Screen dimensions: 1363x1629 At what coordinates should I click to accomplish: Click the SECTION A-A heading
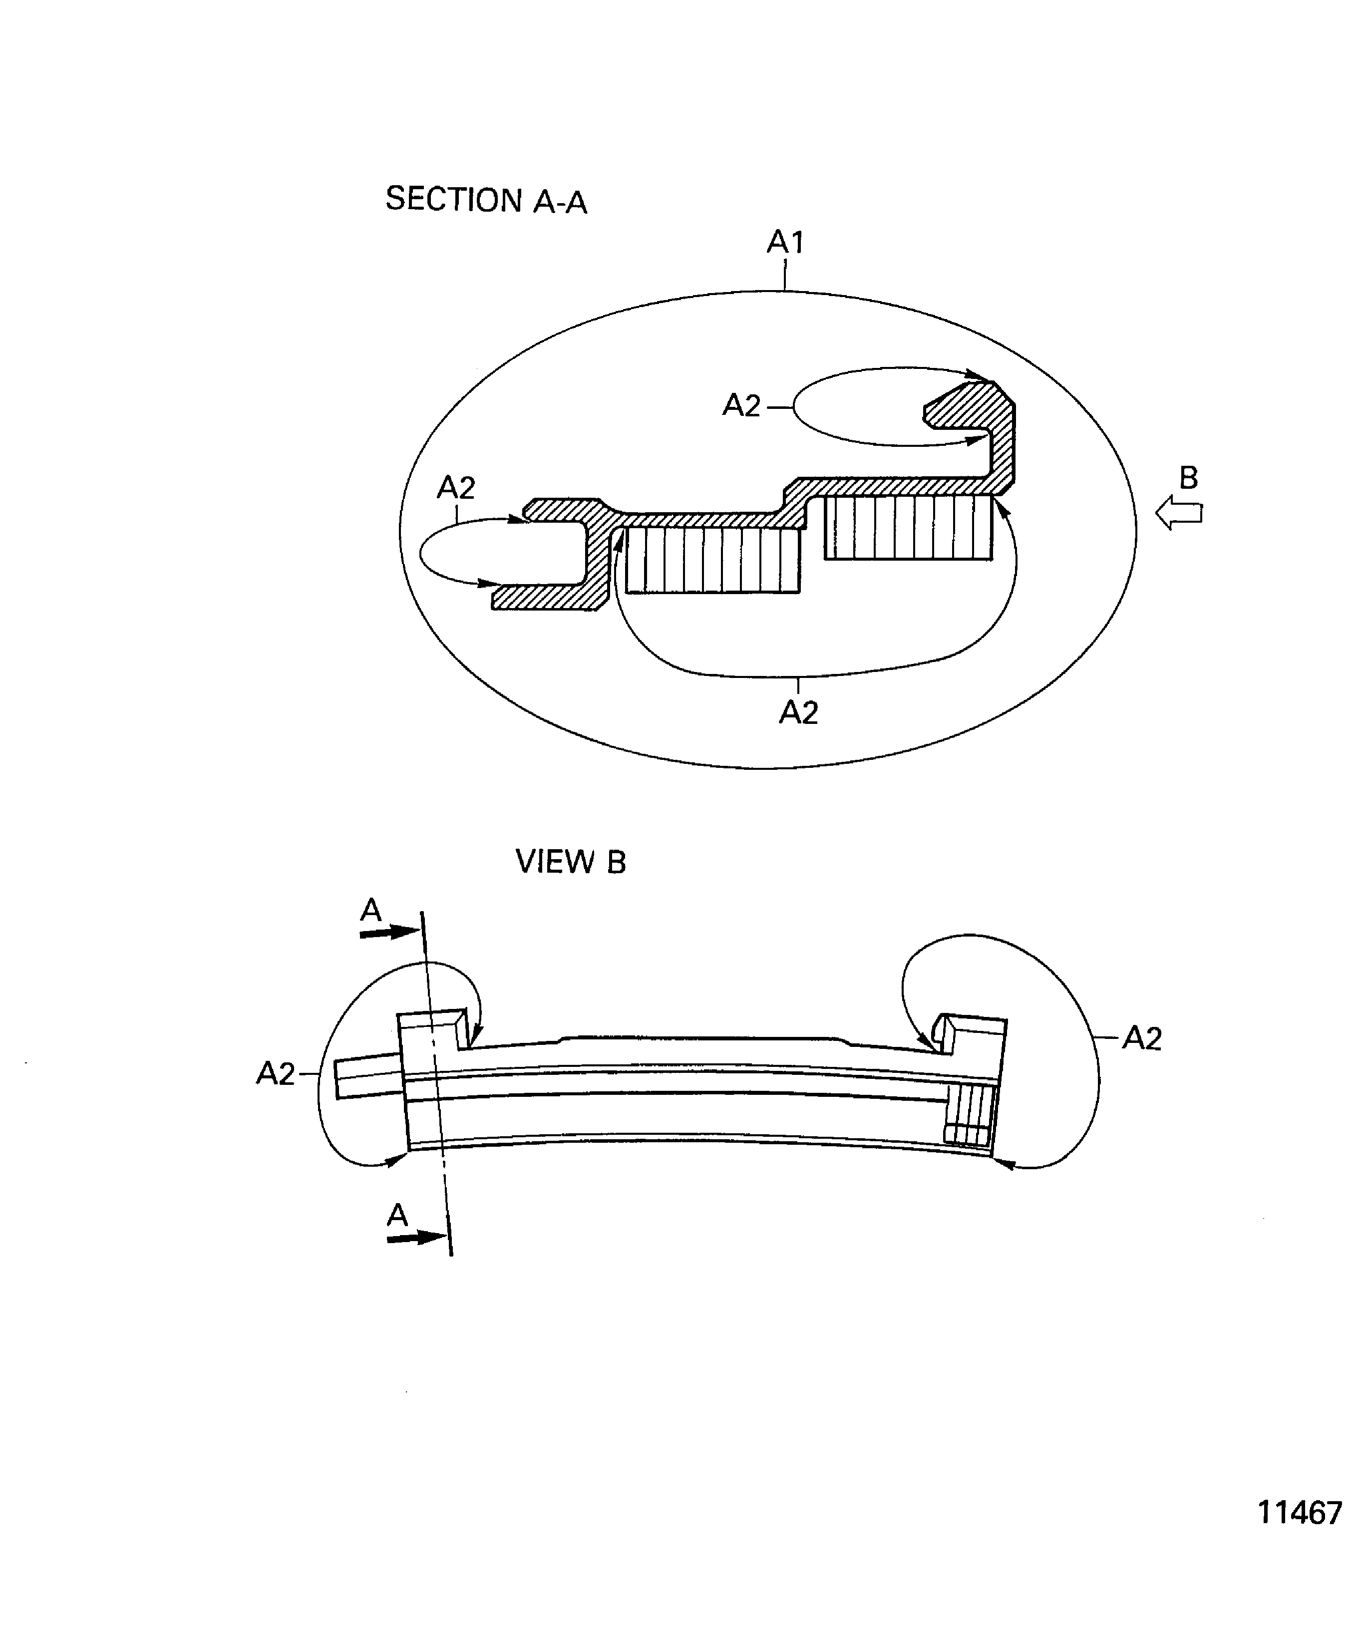[486, 200]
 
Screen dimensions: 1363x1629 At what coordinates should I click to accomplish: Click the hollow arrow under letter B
[1178, 513]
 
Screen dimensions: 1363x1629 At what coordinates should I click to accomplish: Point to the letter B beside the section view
[1188, 478]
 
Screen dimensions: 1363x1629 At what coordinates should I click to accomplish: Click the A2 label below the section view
[798, 712]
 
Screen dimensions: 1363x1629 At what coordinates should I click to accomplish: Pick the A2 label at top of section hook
[741, 406]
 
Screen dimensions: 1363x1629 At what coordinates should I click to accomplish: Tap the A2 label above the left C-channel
[456, 488]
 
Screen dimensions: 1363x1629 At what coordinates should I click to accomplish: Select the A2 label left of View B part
[276, 1073]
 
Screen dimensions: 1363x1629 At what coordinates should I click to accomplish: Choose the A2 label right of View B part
[1142, 1038]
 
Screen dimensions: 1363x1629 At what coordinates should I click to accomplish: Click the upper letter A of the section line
[371, 909]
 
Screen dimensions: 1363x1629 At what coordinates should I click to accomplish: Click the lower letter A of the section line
[397, 1215]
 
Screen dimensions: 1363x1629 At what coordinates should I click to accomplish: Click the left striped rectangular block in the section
[712, 560]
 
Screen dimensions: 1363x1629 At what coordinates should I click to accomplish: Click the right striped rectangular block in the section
[908, 528]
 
